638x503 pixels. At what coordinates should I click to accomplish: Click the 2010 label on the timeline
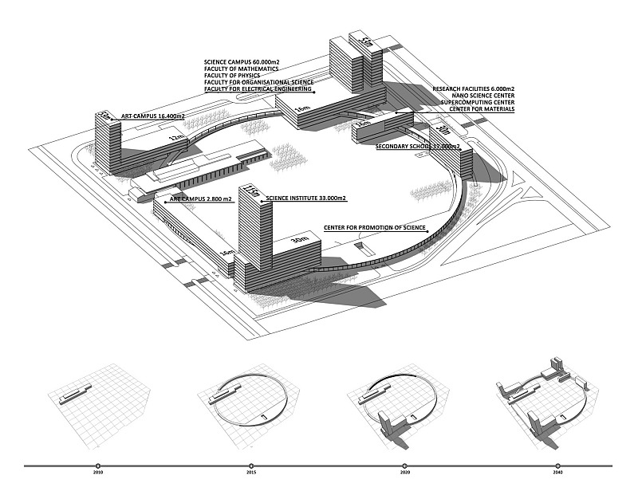(x=98, y=474)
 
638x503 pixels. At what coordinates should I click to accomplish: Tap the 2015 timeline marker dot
(x=251, y=466)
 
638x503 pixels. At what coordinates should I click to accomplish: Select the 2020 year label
(x=404, y=474)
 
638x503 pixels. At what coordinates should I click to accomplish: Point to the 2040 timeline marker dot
(x=557, y=466)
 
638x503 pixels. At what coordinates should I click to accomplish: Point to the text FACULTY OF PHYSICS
(x=237, y=76)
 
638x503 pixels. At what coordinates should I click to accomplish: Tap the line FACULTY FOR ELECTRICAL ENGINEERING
(x=258, y=89)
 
